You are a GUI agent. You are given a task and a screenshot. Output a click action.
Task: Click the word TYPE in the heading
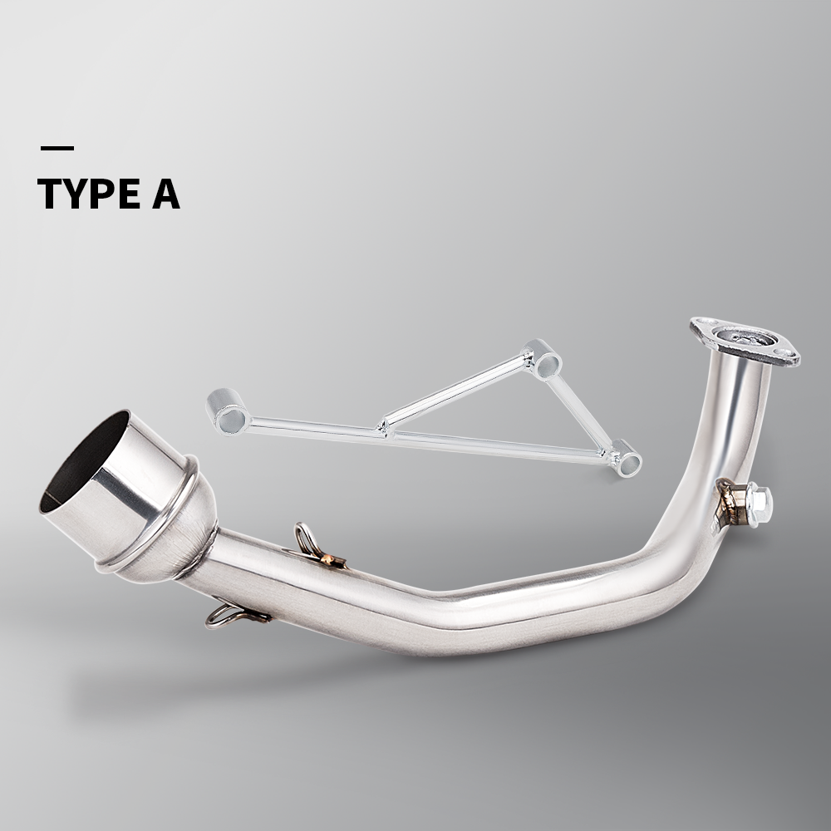coord(87,194)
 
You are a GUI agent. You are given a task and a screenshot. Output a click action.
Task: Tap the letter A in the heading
coord(165,194)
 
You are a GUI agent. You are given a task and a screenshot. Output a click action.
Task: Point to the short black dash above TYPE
coord(57,149)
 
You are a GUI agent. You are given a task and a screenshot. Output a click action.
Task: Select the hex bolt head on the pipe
coord(758,502)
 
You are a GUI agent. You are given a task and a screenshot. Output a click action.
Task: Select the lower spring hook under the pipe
coord(228,615)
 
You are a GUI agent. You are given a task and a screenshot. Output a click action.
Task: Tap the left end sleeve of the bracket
coord(228,411)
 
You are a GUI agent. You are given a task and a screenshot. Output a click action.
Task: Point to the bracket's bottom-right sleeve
coord(625,458)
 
